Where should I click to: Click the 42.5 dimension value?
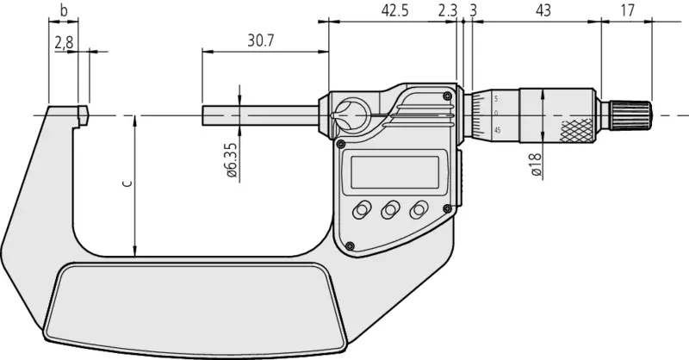click(x=394, y=10)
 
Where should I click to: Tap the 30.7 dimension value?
click(x=261, y=40)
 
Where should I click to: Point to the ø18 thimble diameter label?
click(x=536, y=164)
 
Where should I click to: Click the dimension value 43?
click(x=543, y=10)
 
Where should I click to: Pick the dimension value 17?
click(x=628, y=10)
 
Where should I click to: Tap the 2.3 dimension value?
click(x=448, y=10)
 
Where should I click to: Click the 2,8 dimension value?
click(x=64, y=43)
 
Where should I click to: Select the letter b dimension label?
click(x=64, y=10)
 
